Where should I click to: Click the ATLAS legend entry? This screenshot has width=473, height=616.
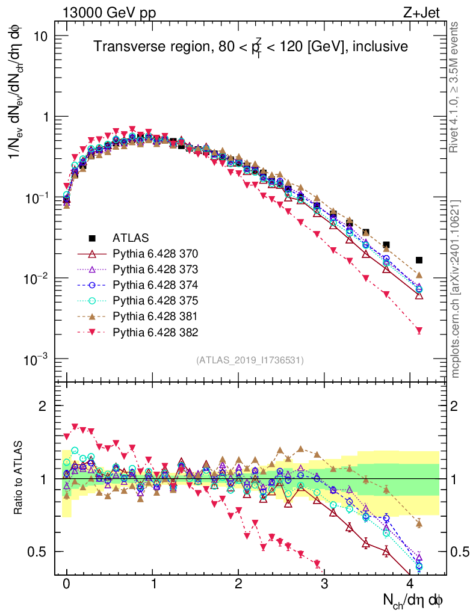(130, 237)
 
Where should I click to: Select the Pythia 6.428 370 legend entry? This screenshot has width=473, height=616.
(155, 253)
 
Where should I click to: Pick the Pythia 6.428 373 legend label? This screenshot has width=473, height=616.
(155, 268)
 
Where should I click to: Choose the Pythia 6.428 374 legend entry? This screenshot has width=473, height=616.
(155, 284)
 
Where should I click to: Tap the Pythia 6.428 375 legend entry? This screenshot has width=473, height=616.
(155, 300)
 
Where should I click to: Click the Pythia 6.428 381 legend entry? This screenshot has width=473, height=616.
(155, 316)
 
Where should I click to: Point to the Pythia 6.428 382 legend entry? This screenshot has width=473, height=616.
(155, 331)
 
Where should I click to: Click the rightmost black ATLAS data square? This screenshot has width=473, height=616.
(419, 260)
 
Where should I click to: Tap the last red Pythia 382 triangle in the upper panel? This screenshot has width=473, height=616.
(419, 330)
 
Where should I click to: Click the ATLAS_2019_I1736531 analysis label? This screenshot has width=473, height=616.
(250, 360)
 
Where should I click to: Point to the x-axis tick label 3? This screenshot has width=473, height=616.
(324, 584)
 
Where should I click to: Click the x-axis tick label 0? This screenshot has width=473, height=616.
(66, 584)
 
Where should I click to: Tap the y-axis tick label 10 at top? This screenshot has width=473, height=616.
(39, 36)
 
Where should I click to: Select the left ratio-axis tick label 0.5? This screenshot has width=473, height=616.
(39, 552)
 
